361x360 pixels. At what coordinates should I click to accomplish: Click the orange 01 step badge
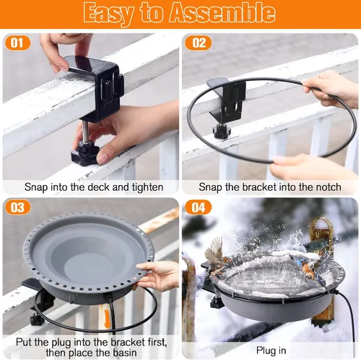pos(17,43)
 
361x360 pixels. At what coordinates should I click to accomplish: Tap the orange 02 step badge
pos(199,43)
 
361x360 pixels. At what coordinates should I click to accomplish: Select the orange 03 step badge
pos(17,207)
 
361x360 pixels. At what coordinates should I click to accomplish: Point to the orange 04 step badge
pos(199,207)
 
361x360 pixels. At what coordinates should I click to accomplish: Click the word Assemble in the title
pos(222,13)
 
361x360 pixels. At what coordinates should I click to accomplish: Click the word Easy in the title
pos(108,14)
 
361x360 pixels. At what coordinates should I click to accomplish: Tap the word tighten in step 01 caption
pos(147,187)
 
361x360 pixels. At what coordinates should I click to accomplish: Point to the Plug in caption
pos(271,351)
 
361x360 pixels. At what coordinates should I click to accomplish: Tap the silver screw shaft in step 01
pos(86,132)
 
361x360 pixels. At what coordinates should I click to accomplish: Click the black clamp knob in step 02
pos(222,131)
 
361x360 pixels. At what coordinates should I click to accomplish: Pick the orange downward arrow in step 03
pos(108,319)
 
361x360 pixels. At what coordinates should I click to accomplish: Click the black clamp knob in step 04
pos(215,302)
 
